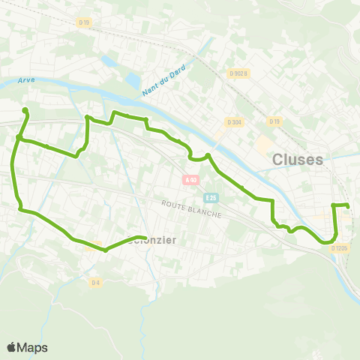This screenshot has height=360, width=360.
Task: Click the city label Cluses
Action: click(298, 159)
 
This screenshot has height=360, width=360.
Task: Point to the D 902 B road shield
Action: click(238, 73)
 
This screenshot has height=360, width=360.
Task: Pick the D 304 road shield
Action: click(233, 121)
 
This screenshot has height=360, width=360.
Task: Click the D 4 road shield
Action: click(95, 282)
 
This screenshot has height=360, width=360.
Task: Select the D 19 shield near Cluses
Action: click(274, 121)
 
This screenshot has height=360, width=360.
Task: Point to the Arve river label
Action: click(27, 80)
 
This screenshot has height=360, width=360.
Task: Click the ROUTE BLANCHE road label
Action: click(191, 208)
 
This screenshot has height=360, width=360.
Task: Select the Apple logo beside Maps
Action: click(12, 347)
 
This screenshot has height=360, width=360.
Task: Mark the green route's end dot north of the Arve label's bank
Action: click(25, 111)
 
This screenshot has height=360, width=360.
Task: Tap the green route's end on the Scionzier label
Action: click(143, 238)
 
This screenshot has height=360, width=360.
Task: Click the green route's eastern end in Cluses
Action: click(348, 205)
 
